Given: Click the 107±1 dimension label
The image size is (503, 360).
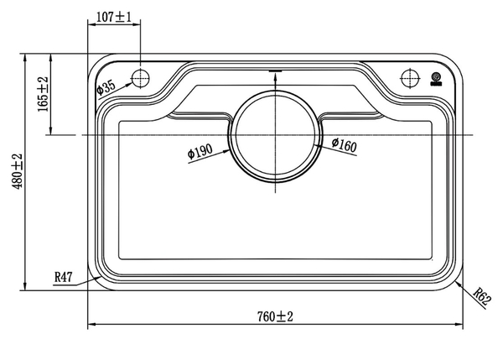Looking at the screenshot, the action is pyautogui.click(x=114, y=17).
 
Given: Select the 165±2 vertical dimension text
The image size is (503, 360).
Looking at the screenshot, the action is pyautogui.click(x=43, y=94).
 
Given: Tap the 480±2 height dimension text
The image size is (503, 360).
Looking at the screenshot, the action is pyautogui.click(x=18, y=171).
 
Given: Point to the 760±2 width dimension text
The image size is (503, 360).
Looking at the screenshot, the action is pyautogui.click(x=275, y=316).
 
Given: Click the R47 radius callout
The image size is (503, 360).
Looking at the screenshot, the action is pyautogui.click(x=64, y=277).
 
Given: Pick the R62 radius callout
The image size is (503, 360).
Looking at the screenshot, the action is pyautogui.click(x=482, y=297).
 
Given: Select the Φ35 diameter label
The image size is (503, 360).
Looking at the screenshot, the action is pyautogui.click(x=106, y=87).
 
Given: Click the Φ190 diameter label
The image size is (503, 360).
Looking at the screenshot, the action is pyautogui.click(x=200, y=151).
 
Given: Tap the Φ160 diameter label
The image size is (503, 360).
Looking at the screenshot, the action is pyautogui.click(x=345, y=145).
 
